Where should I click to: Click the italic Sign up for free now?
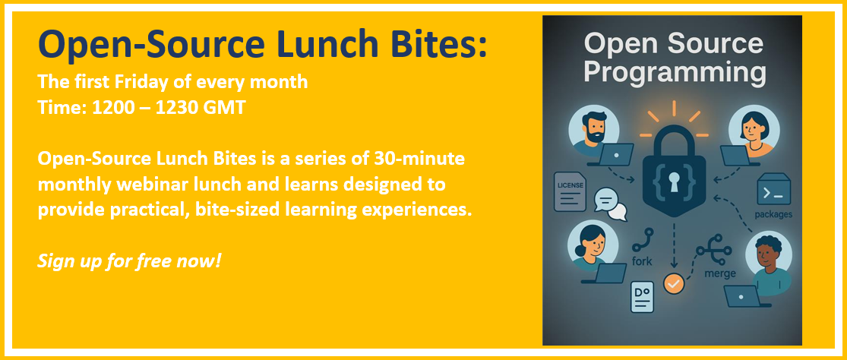tap(129, 262)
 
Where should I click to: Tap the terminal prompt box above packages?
tap(773, 189)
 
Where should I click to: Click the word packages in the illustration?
tap(773, 214)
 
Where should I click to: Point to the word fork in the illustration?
tap(642, 262)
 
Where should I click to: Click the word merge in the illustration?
tap(719, 273)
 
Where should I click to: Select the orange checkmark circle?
tap(674, 283)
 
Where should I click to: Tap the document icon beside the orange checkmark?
tap(642, 298)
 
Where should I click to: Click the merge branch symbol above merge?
tap(713, 250)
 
